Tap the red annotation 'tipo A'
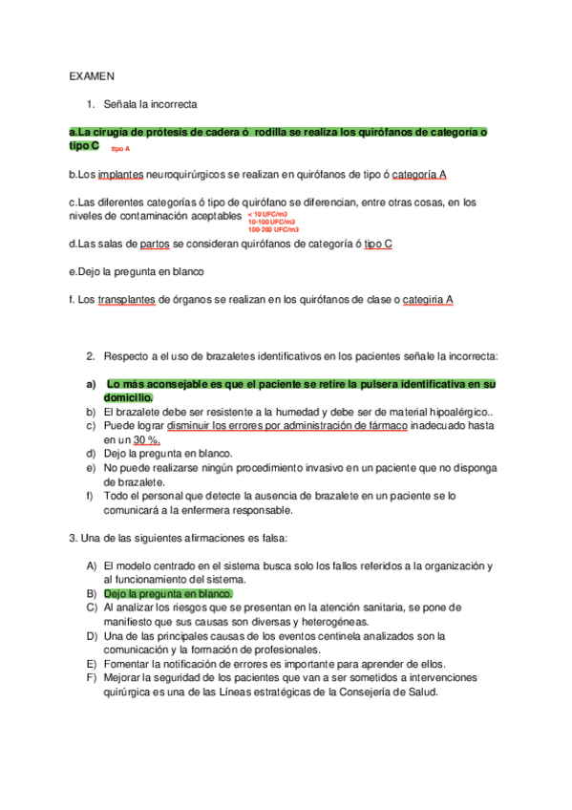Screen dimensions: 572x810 pos(120,150)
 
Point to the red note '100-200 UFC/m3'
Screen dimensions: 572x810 pos(272,230)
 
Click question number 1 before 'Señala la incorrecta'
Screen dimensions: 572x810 pos(90,104)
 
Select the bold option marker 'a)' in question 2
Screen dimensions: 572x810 pos(92,384)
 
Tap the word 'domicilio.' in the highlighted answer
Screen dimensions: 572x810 pos(129,397)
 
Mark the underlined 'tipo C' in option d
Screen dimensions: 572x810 pos(378,244)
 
